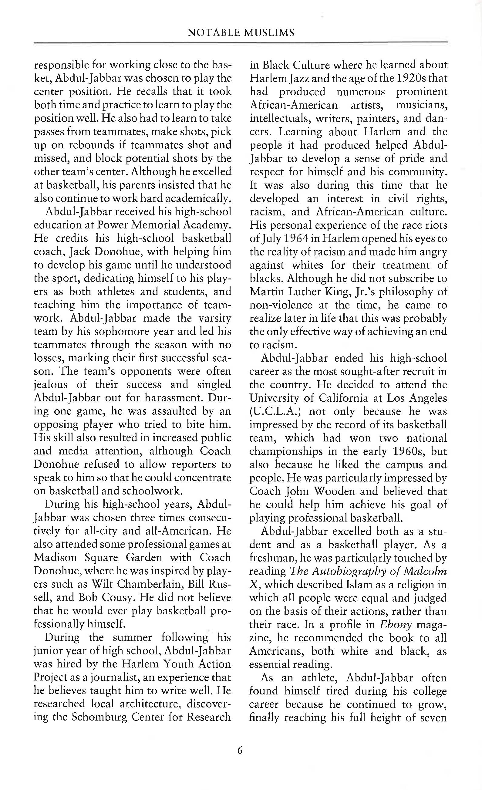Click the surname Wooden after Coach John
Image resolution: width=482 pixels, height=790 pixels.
click(334, 491)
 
